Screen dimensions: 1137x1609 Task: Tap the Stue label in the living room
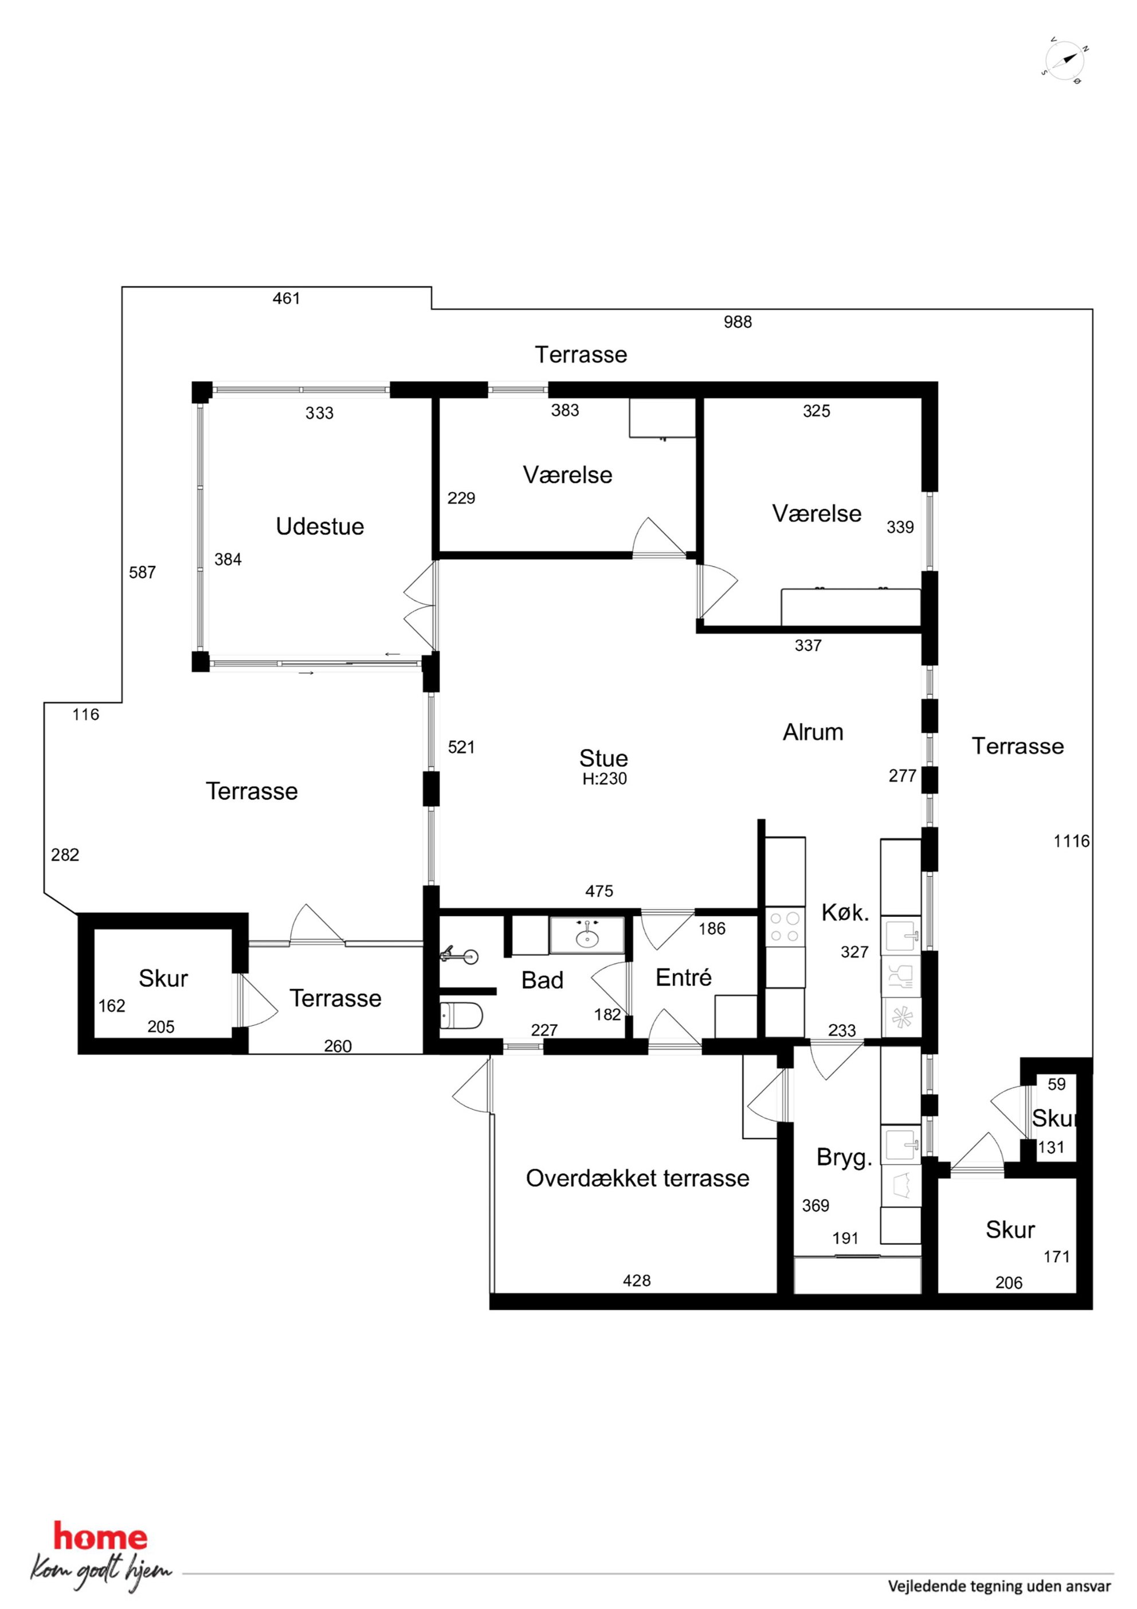pos(603,757)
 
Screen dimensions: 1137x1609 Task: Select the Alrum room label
pos(813,732)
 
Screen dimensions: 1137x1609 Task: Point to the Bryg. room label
pos(844,1157)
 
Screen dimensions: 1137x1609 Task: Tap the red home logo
pos(101,1537)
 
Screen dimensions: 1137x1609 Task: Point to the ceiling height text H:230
pos(605,778)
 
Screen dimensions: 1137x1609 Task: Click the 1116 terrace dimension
pos(1072,841)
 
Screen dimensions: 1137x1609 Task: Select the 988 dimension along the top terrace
pos(738,322)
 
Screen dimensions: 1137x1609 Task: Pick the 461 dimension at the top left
pos(286,299)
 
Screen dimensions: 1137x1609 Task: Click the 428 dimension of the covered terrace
pos(637,1280)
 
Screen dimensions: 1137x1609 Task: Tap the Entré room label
pos(684,977)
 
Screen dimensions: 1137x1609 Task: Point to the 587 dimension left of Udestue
pos(142,572)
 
